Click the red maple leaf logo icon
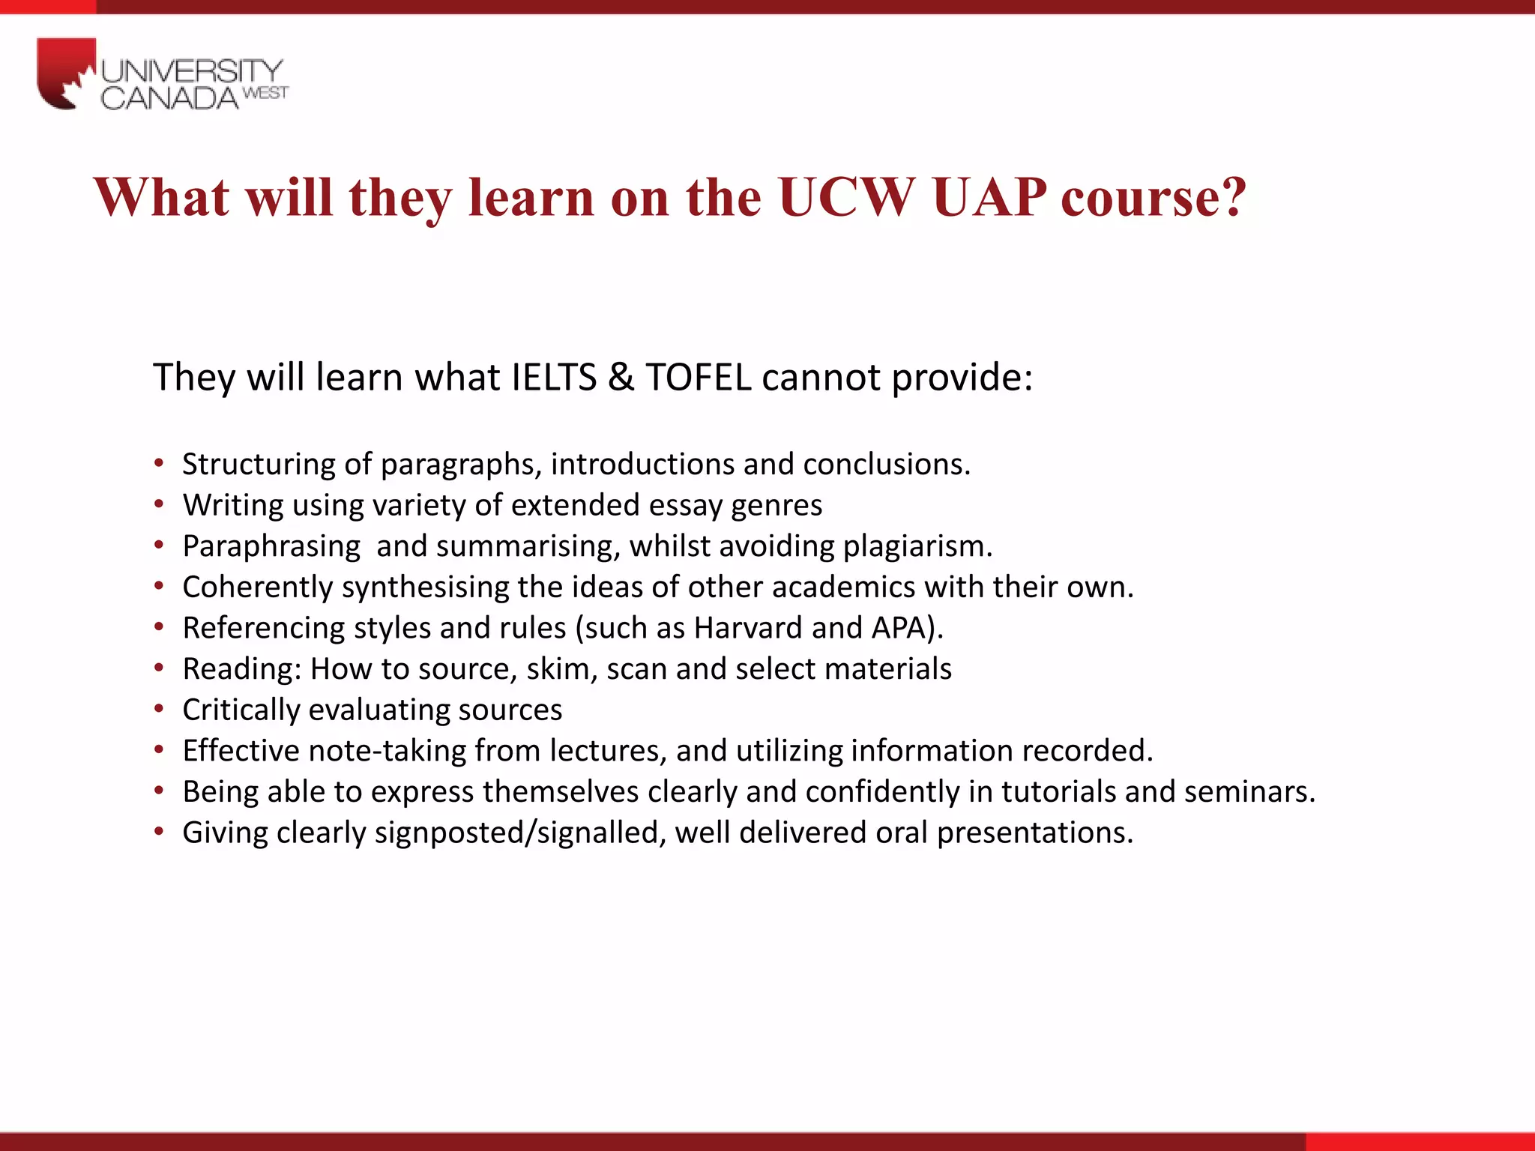point(66,73)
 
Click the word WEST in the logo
point(266,93)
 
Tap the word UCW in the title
point(845,197)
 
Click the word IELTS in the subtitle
point(554,376)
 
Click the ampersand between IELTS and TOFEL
point(621,376)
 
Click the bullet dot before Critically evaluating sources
point(159,710)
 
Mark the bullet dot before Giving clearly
point(159,832)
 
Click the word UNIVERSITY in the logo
point(192,71)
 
